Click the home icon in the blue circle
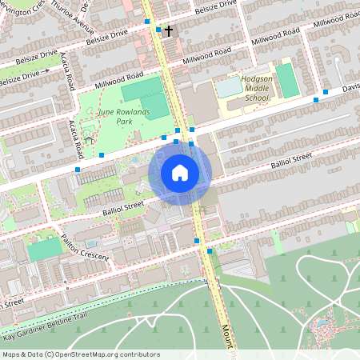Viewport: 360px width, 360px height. pos(180,172)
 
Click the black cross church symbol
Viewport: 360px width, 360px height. pos(169,30)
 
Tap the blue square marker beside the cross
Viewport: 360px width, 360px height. pos(159,30)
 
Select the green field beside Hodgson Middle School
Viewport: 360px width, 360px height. pos(286,80)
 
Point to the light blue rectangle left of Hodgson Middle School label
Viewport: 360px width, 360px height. pos(229,85)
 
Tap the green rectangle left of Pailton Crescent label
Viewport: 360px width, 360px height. pos(45,249)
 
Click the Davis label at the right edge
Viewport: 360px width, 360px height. pos(350,89)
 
